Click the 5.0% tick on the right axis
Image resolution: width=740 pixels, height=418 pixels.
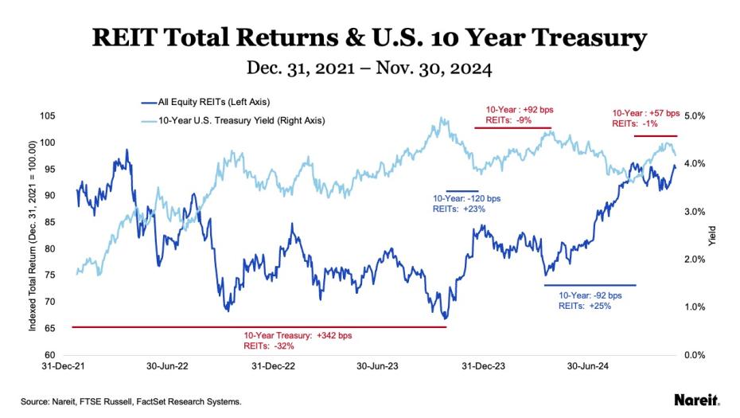(695, 116)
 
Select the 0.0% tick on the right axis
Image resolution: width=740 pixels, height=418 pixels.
(695, 354)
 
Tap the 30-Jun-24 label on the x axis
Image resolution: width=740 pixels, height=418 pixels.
(586, 367)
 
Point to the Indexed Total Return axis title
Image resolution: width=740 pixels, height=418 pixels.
(33, 235)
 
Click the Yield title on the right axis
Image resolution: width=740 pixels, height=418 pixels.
(713, 235)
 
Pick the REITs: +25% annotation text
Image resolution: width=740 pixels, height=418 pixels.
(585, 306)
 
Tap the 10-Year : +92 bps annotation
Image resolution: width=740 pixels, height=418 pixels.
(512, 110)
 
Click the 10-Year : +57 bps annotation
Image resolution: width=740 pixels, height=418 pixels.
(646, 113)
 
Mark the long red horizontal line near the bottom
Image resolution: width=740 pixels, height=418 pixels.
(259, 326)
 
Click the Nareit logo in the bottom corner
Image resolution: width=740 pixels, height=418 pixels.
(696, 400)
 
